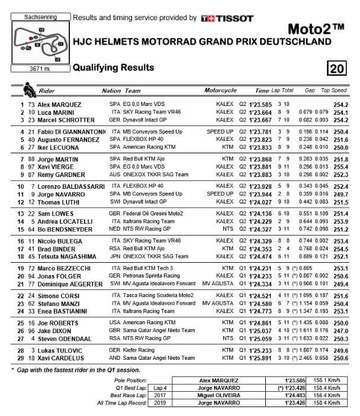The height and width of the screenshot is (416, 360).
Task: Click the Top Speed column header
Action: pyautogui.click(x=333, y=91)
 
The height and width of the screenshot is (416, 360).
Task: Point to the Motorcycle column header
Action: pyautogui.click(x=220, y=91)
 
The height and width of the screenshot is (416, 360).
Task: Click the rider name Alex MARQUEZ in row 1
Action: pyautogui.click(x=59, y=104)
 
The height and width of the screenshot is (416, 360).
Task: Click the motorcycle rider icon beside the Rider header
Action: pyautogui.click(x=28, y=90)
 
